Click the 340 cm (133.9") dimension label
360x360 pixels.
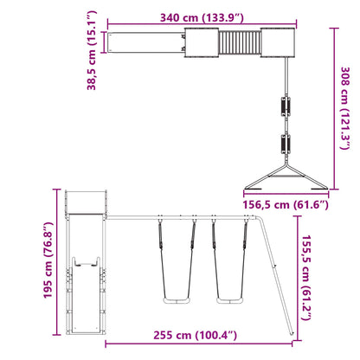[x=202, y=18]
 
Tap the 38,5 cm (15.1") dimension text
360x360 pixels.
[x=92, y=51]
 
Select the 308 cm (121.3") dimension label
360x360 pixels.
[x=345, y=108]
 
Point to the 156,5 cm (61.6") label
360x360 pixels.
[x=286, y=205]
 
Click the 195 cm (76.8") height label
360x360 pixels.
[x=48, y=260]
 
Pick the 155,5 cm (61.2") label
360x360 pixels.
[x=306, y=278]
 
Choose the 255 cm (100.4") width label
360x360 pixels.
[x=196, y=335]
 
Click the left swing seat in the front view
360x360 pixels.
[x=177, y=301]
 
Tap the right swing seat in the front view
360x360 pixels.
[x=230, y=301]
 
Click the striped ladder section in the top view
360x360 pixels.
[x=240, y=42]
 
